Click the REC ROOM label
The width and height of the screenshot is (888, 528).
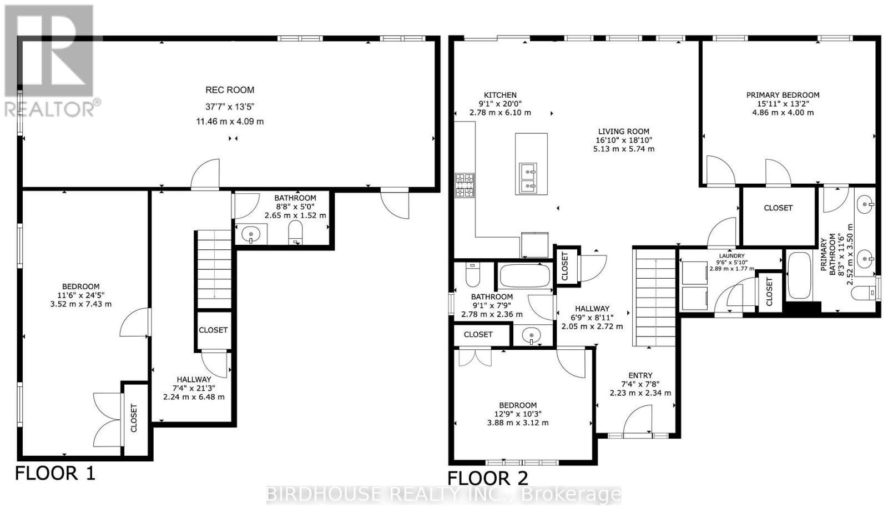230,90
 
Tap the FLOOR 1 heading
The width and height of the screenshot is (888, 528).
55,474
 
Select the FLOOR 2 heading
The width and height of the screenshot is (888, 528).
488,478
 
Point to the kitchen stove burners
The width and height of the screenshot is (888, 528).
465,185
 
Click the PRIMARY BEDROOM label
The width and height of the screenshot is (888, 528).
783,95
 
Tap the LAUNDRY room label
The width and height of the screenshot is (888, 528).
731,256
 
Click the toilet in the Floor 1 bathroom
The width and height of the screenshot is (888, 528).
295,233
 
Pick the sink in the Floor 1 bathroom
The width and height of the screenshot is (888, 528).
251,234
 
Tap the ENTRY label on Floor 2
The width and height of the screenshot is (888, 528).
640,375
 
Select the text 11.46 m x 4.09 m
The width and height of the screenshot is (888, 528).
230,121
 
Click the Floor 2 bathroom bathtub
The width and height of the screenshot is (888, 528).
524,275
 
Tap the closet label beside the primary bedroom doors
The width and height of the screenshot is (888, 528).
778,208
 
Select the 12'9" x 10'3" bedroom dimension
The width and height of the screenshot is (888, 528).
517,414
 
